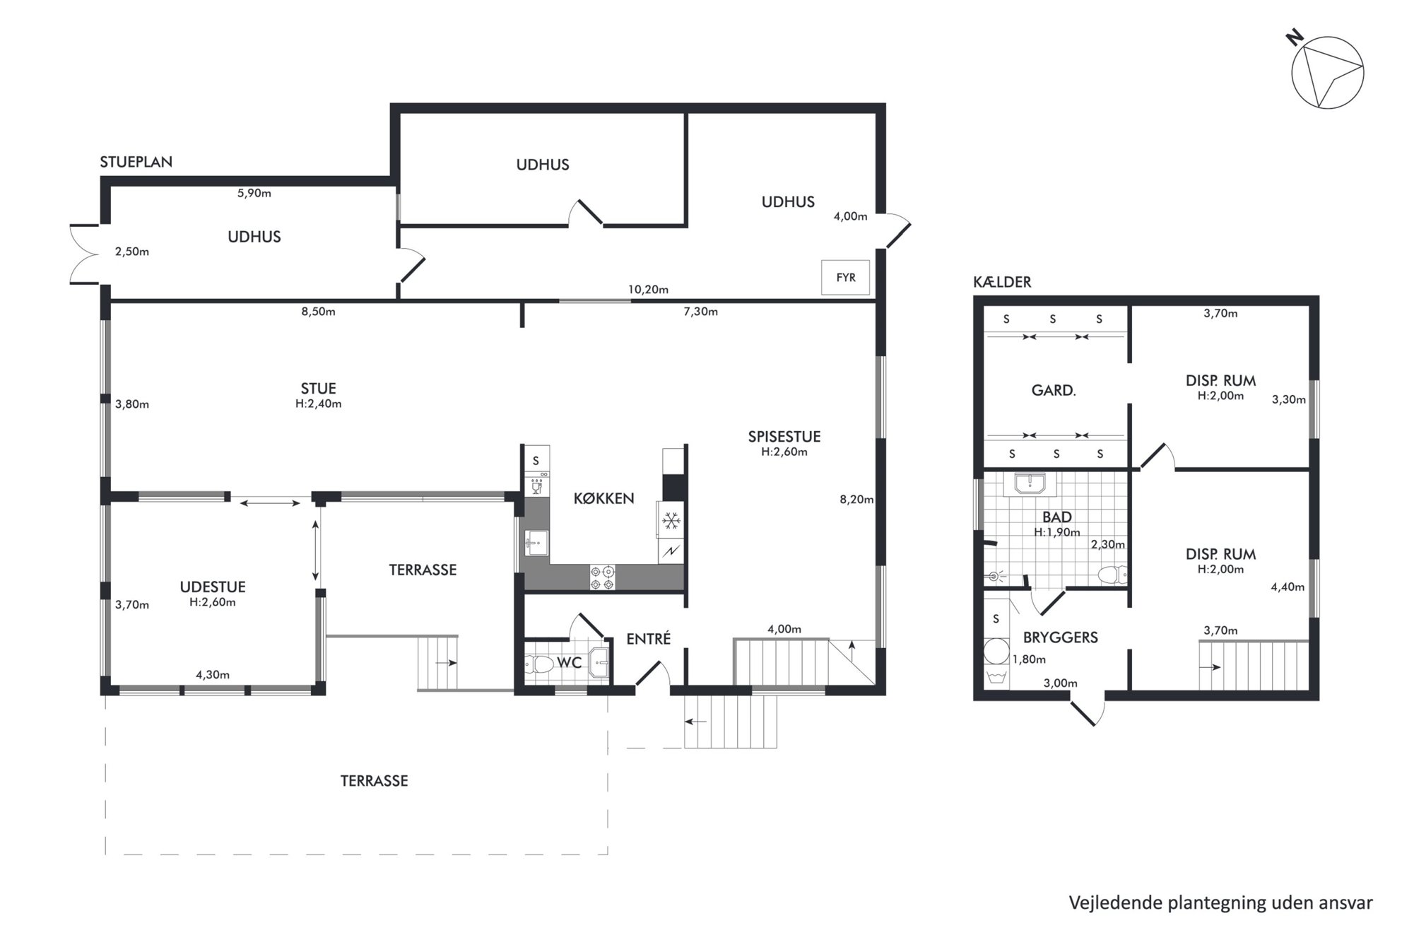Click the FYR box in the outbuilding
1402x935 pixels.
point(845,278)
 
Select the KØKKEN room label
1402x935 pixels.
point(603,498)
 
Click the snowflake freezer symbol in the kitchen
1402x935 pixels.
point(671,522)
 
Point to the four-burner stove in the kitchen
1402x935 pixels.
point(603,577)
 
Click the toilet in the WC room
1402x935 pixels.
point(539,664)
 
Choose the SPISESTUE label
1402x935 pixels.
point(784,437)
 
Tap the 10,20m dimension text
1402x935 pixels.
point(648,289)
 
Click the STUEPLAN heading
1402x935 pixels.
point(136,162)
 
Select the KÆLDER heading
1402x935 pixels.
point(1002,282)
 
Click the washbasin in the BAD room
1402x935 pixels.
point(1030,483)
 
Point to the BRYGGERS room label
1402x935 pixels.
point(1060,637)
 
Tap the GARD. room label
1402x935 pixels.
point(1053,390)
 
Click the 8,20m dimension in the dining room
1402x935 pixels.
point(856,500)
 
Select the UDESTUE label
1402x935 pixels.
point(213,587)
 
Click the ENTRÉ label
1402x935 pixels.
point(648,639)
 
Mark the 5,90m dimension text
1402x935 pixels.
point(254,193)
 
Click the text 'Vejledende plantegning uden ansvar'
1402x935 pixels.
point(1220,902)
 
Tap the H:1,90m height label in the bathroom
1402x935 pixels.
point(1056,532)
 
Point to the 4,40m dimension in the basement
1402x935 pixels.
point(1288,587)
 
